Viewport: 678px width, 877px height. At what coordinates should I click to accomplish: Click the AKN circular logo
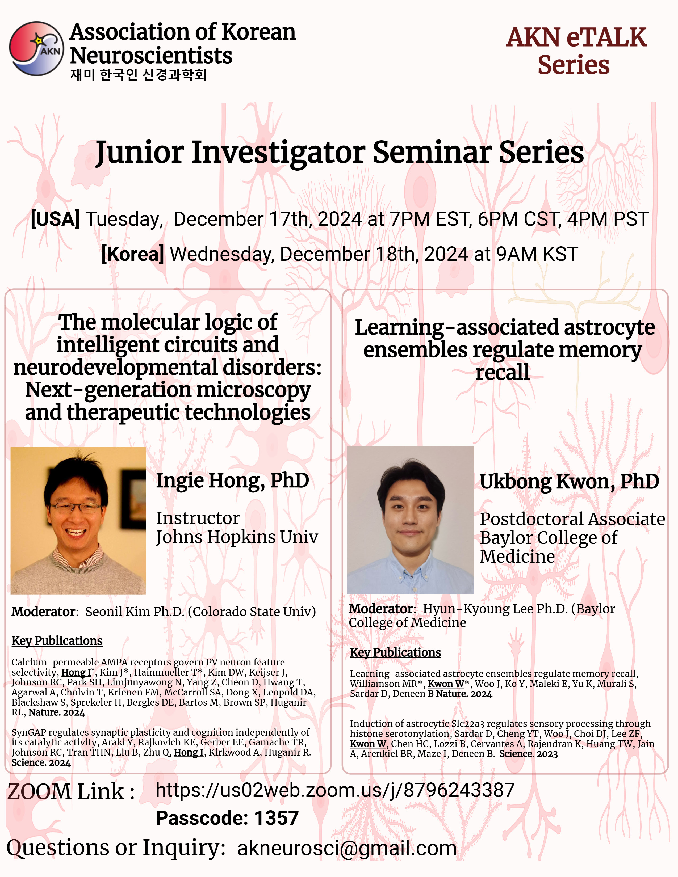point(36,49)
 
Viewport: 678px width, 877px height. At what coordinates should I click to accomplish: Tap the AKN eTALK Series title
point(576,51)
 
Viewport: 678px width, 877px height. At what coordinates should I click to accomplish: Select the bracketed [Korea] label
point(133,254)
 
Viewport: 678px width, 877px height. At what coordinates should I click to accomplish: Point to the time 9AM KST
point(537,254)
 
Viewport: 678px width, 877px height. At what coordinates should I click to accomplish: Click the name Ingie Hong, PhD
point(233,481)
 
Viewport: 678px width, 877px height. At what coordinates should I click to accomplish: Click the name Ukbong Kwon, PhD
point(570,482)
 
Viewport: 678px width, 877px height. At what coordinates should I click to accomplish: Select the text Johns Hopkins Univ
point(237,537)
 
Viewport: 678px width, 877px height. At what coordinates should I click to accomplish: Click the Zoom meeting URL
point(335,790)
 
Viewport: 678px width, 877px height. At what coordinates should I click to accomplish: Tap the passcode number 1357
point(276,818)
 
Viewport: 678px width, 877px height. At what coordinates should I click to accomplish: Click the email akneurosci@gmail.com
point(347,849)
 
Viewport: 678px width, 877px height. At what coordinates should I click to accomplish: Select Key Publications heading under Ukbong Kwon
point(395,652)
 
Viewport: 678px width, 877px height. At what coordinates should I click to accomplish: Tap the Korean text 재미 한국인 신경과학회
point(138,75)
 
